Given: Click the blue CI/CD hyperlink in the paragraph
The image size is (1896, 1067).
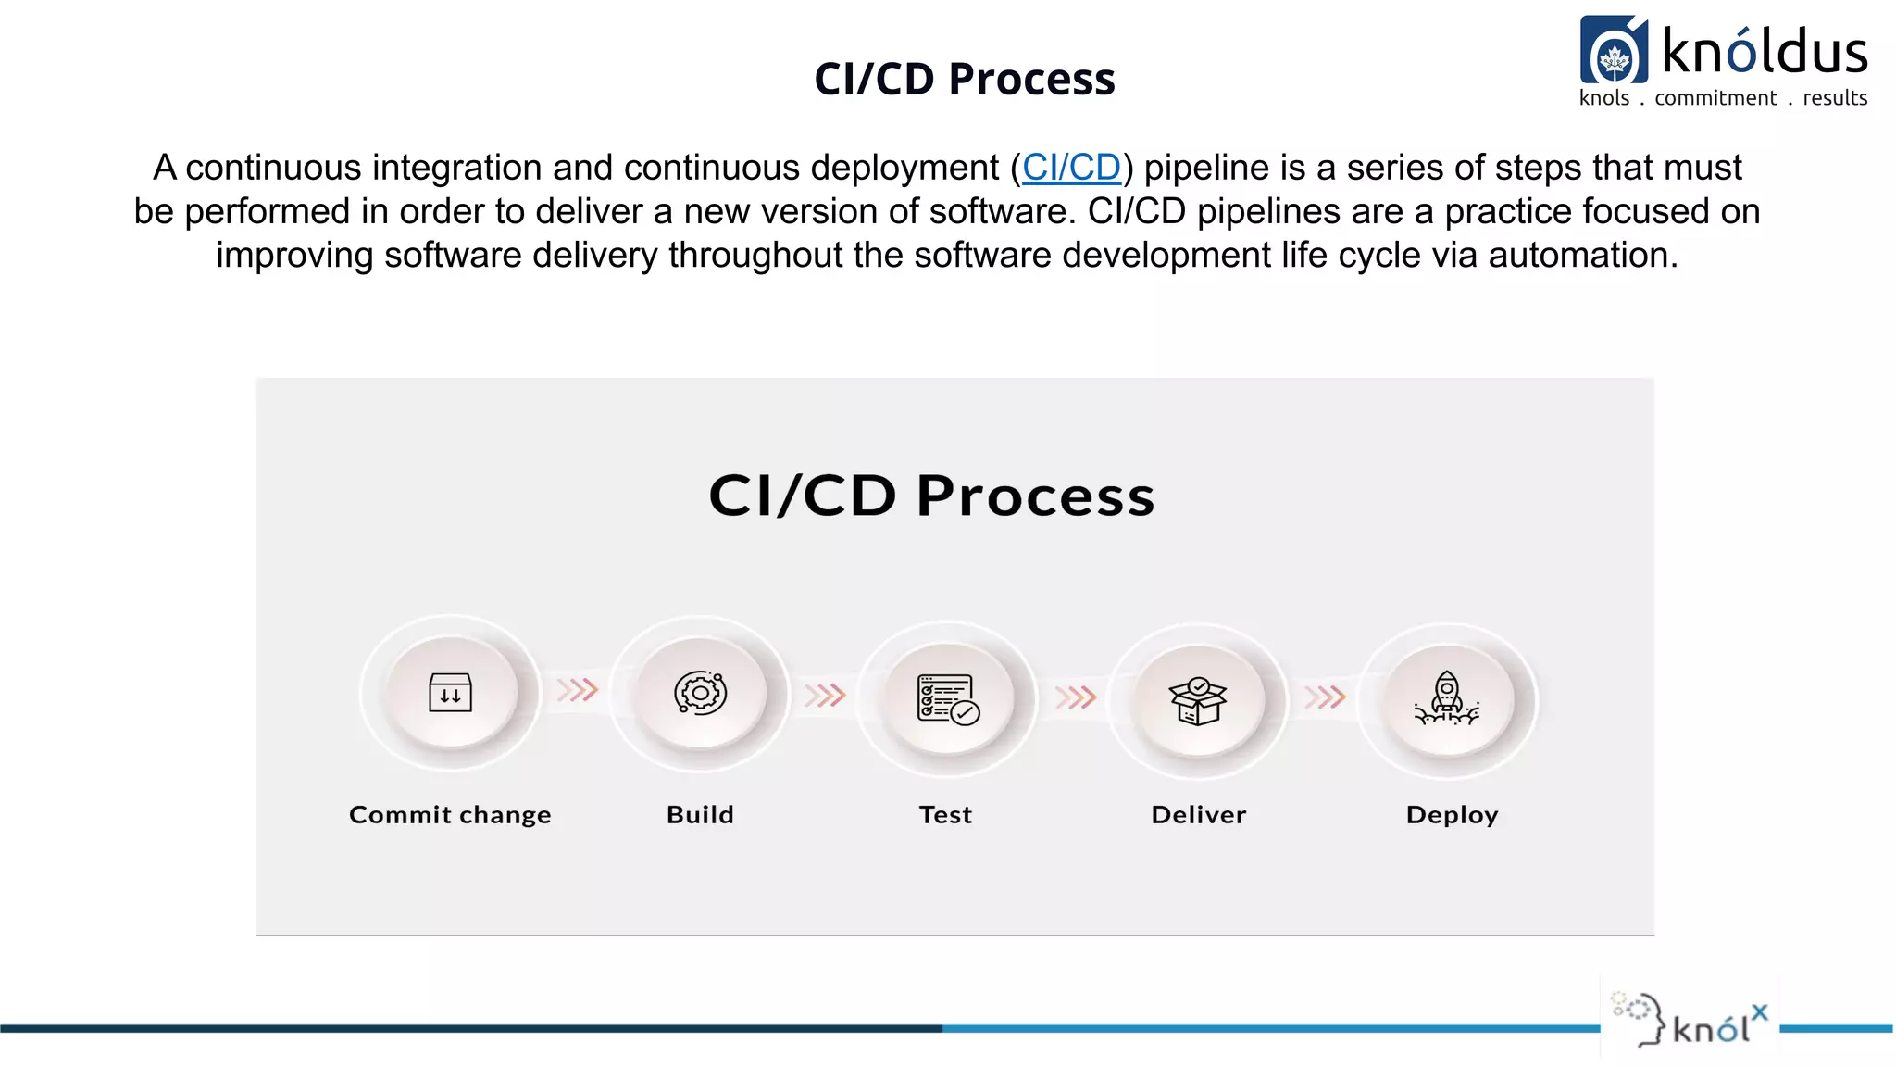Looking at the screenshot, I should [1071, 168].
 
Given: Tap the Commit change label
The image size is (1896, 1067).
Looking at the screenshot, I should [450, 815].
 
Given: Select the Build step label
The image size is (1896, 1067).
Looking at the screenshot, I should [700, 815].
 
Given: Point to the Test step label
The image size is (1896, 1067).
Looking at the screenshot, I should [945, 815].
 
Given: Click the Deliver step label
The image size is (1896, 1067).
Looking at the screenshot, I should [1199, 815].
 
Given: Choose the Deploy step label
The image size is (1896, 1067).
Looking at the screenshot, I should [1452, 815].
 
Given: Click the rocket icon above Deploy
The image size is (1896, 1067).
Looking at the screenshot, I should [1447, 698].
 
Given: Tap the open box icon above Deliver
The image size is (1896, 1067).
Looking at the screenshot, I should [1198, 700].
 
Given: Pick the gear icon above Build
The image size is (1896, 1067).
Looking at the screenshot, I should [701, 693].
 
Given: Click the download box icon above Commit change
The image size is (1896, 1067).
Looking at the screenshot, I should [451, 693].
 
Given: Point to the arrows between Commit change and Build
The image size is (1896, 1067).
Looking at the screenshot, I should [578, 690].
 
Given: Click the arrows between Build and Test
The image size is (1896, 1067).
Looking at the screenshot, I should [825, 695].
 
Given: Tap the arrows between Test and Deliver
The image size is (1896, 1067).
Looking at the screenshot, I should [1076, 697].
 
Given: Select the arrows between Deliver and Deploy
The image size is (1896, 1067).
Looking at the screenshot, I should [1325, 697].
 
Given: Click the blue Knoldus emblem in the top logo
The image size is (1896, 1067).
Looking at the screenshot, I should [1614, 51].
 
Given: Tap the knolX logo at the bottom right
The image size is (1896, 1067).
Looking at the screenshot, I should [1690, 1022].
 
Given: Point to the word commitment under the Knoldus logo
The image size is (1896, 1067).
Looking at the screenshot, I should [1715, 98].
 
